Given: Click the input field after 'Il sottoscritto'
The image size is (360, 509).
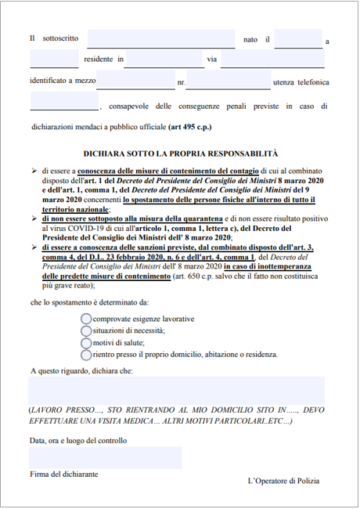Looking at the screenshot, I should [x=160, y=38].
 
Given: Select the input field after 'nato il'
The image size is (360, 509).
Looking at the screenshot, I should [x=298, y=38].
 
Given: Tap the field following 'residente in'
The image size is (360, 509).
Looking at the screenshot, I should [x=164, y=59].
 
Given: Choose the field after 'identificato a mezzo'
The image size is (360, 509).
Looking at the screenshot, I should [x=135, y=80].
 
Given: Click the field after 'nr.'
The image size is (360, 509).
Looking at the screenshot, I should [x=228, y=80].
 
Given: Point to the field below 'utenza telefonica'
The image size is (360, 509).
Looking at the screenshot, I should [x=64, y=101].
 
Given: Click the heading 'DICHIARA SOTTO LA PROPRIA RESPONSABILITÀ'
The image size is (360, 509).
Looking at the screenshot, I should [x=180, y=154].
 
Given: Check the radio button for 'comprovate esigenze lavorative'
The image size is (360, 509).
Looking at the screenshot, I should [x=86, y=319].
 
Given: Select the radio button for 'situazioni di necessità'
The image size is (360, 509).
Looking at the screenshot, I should [x=86, y=330].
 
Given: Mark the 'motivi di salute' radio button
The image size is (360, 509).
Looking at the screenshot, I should [x=86, y=342].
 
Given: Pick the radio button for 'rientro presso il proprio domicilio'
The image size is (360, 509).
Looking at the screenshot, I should [x=86, y=354].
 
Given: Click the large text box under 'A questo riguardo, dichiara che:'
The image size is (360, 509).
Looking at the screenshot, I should [x=176, y=390].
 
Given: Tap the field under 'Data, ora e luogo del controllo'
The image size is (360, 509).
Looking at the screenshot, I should [x=105, y=457].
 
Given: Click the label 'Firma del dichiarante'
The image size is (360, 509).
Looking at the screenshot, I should [x=63, y=475].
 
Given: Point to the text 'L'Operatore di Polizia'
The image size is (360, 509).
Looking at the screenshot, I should [x=283, y=481].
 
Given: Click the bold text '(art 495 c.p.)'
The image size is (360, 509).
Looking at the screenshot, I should [x=189, y=126].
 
